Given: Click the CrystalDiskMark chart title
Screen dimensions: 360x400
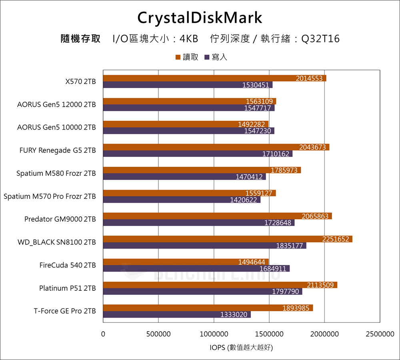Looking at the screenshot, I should [200, 18].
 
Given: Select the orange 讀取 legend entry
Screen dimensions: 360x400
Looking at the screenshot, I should [187, 57].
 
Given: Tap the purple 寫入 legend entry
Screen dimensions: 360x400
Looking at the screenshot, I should [216, 57].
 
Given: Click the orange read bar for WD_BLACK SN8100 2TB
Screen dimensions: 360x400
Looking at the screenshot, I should [227, 239].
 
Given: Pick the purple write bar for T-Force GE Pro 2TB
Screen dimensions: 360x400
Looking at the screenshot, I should [176, 315].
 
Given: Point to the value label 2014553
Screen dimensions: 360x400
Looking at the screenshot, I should [309, 78].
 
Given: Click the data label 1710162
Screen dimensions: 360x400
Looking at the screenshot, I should [276, 154].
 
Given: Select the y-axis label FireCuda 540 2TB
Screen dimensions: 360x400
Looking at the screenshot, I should [68, 265].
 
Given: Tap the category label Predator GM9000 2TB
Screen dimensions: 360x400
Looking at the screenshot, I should [60, 219].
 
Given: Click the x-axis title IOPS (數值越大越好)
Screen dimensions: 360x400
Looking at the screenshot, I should [241, 348].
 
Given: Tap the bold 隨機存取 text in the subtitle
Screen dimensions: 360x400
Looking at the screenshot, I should [80, 39].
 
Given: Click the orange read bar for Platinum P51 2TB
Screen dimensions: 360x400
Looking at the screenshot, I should [220, 285].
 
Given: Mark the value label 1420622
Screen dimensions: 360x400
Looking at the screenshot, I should [243, 200].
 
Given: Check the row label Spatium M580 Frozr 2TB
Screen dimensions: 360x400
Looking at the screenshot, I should [56, 173].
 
